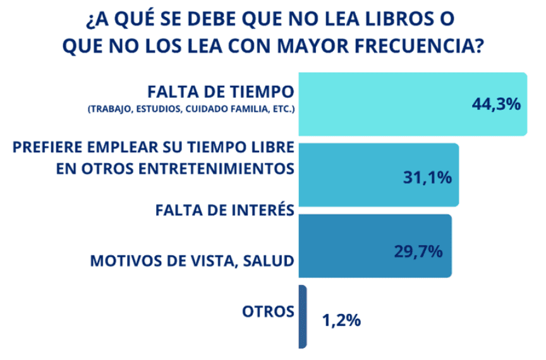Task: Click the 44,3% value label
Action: pyautogui.click(x=496, y=104)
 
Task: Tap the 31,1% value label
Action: pyautogui.click(x=427, y=177)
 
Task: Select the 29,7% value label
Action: pyautogui.click(x=418, y=251)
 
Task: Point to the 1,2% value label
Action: pyautogui.click(x=342, y=320)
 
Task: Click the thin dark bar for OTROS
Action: pyautogui.click(x=303, y=316)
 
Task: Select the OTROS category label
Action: pyautogui.click(x=269, y=311)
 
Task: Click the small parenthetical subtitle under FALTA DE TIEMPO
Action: pyautogui.click(x=191, y=109)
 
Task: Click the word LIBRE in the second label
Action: pyautogui.click(x=272, y=148)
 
